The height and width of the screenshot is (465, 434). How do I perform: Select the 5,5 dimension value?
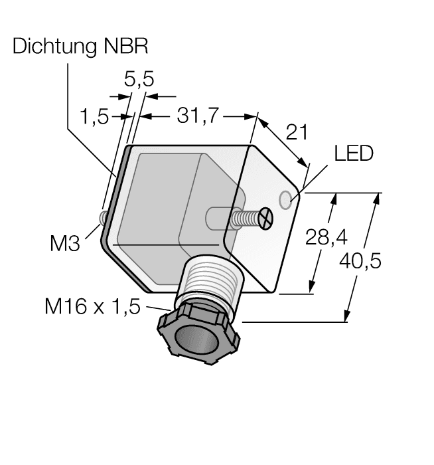(x=139, y=80)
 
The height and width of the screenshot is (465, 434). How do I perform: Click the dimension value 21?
(x=296, y=132)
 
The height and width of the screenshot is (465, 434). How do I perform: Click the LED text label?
(x=353, y=154)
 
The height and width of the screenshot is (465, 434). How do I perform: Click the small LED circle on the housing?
(x=287, y=199)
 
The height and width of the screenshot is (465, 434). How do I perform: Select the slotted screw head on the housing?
(x=265, y=219)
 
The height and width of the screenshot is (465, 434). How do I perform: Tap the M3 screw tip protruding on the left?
(x=103, y=218)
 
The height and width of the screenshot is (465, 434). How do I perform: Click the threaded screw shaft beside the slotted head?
(x=246, y=217)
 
